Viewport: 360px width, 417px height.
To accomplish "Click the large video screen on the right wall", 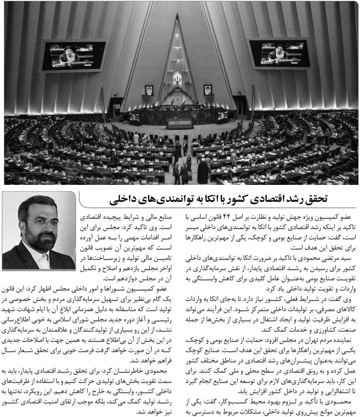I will point(278,53).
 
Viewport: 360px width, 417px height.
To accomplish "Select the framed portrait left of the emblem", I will point(149,90).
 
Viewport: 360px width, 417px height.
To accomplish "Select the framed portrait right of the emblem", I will point(207,90).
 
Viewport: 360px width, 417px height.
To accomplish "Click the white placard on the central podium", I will point(179,123).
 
